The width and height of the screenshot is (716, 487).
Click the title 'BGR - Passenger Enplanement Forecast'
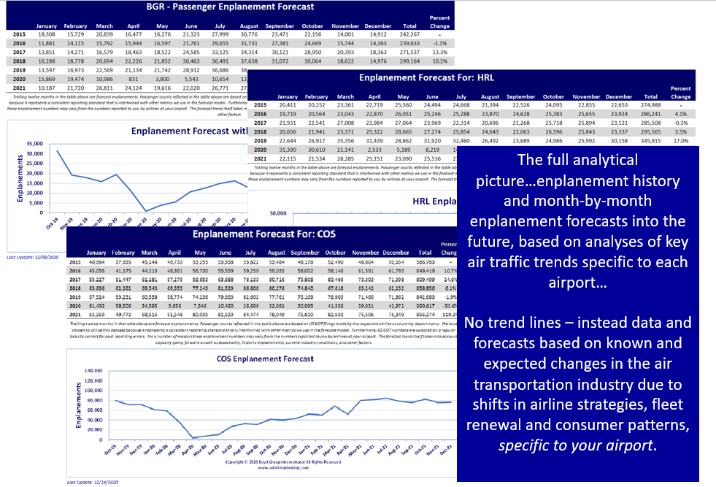(231, 7)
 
